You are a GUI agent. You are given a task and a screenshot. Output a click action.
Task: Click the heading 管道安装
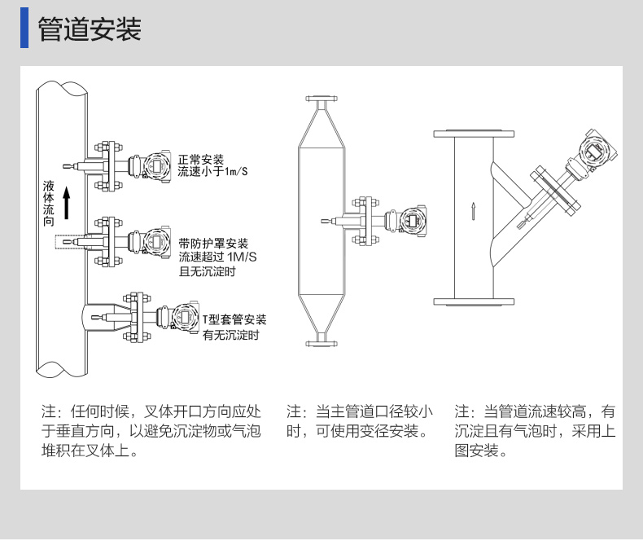(x=90, y=29)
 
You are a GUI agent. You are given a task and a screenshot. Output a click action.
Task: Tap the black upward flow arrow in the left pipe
(x=68, y=203)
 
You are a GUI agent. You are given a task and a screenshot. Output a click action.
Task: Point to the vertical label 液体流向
(x=49, y=204)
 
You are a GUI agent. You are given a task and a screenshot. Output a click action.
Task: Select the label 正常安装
(x=201, y=159)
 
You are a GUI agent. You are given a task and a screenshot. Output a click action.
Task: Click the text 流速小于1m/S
(x=213, y=171)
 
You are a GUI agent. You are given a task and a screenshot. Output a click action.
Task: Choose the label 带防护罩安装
(x=213, y=244)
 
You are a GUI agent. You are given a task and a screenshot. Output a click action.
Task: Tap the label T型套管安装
(x=234, y=320)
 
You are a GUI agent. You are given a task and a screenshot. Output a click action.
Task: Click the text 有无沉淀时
(x=230, y=335)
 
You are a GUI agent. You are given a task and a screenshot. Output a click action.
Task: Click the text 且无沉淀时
(x=207, y=271)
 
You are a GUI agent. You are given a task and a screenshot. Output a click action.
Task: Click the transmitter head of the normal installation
(x=155, y=166)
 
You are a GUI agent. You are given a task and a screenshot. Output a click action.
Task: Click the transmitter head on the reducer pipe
(x=411, y=220)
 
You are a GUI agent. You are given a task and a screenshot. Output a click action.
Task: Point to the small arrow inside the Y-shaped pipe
(x=473, y=210)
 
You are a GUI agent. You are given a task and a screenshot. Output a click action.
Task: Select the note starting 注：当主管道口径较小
(x=360, y=421)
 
